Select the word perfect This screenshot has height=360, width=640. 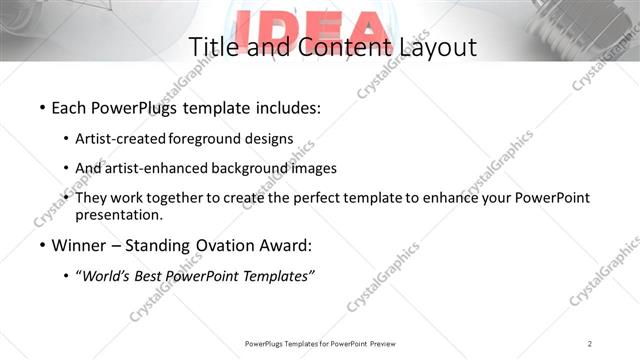[318, 197]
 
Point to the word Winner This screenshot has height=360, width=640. [77, 245]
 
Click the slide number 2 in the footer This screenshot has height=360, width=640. [590, 343]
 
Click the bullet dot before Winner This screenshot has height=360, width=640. [42, 245]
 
